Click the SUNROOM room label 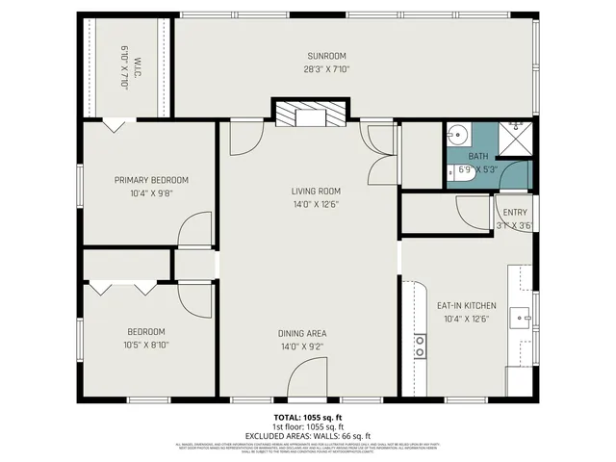point(326,56)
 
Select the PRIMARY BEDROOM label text point(151,180)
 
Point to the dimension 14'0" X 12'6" point(316,204)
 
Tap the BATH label point(477,157)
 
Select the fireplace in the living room point(308,115)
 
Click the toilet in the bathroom point(457,173)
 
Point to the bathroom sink point(459,134)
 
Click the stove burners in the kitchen point(421,346)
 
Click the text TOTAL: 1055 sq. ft point(307,417)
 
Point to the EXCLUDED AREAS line point(307,436)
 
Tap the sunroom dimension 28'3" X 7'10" point(326,69)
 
